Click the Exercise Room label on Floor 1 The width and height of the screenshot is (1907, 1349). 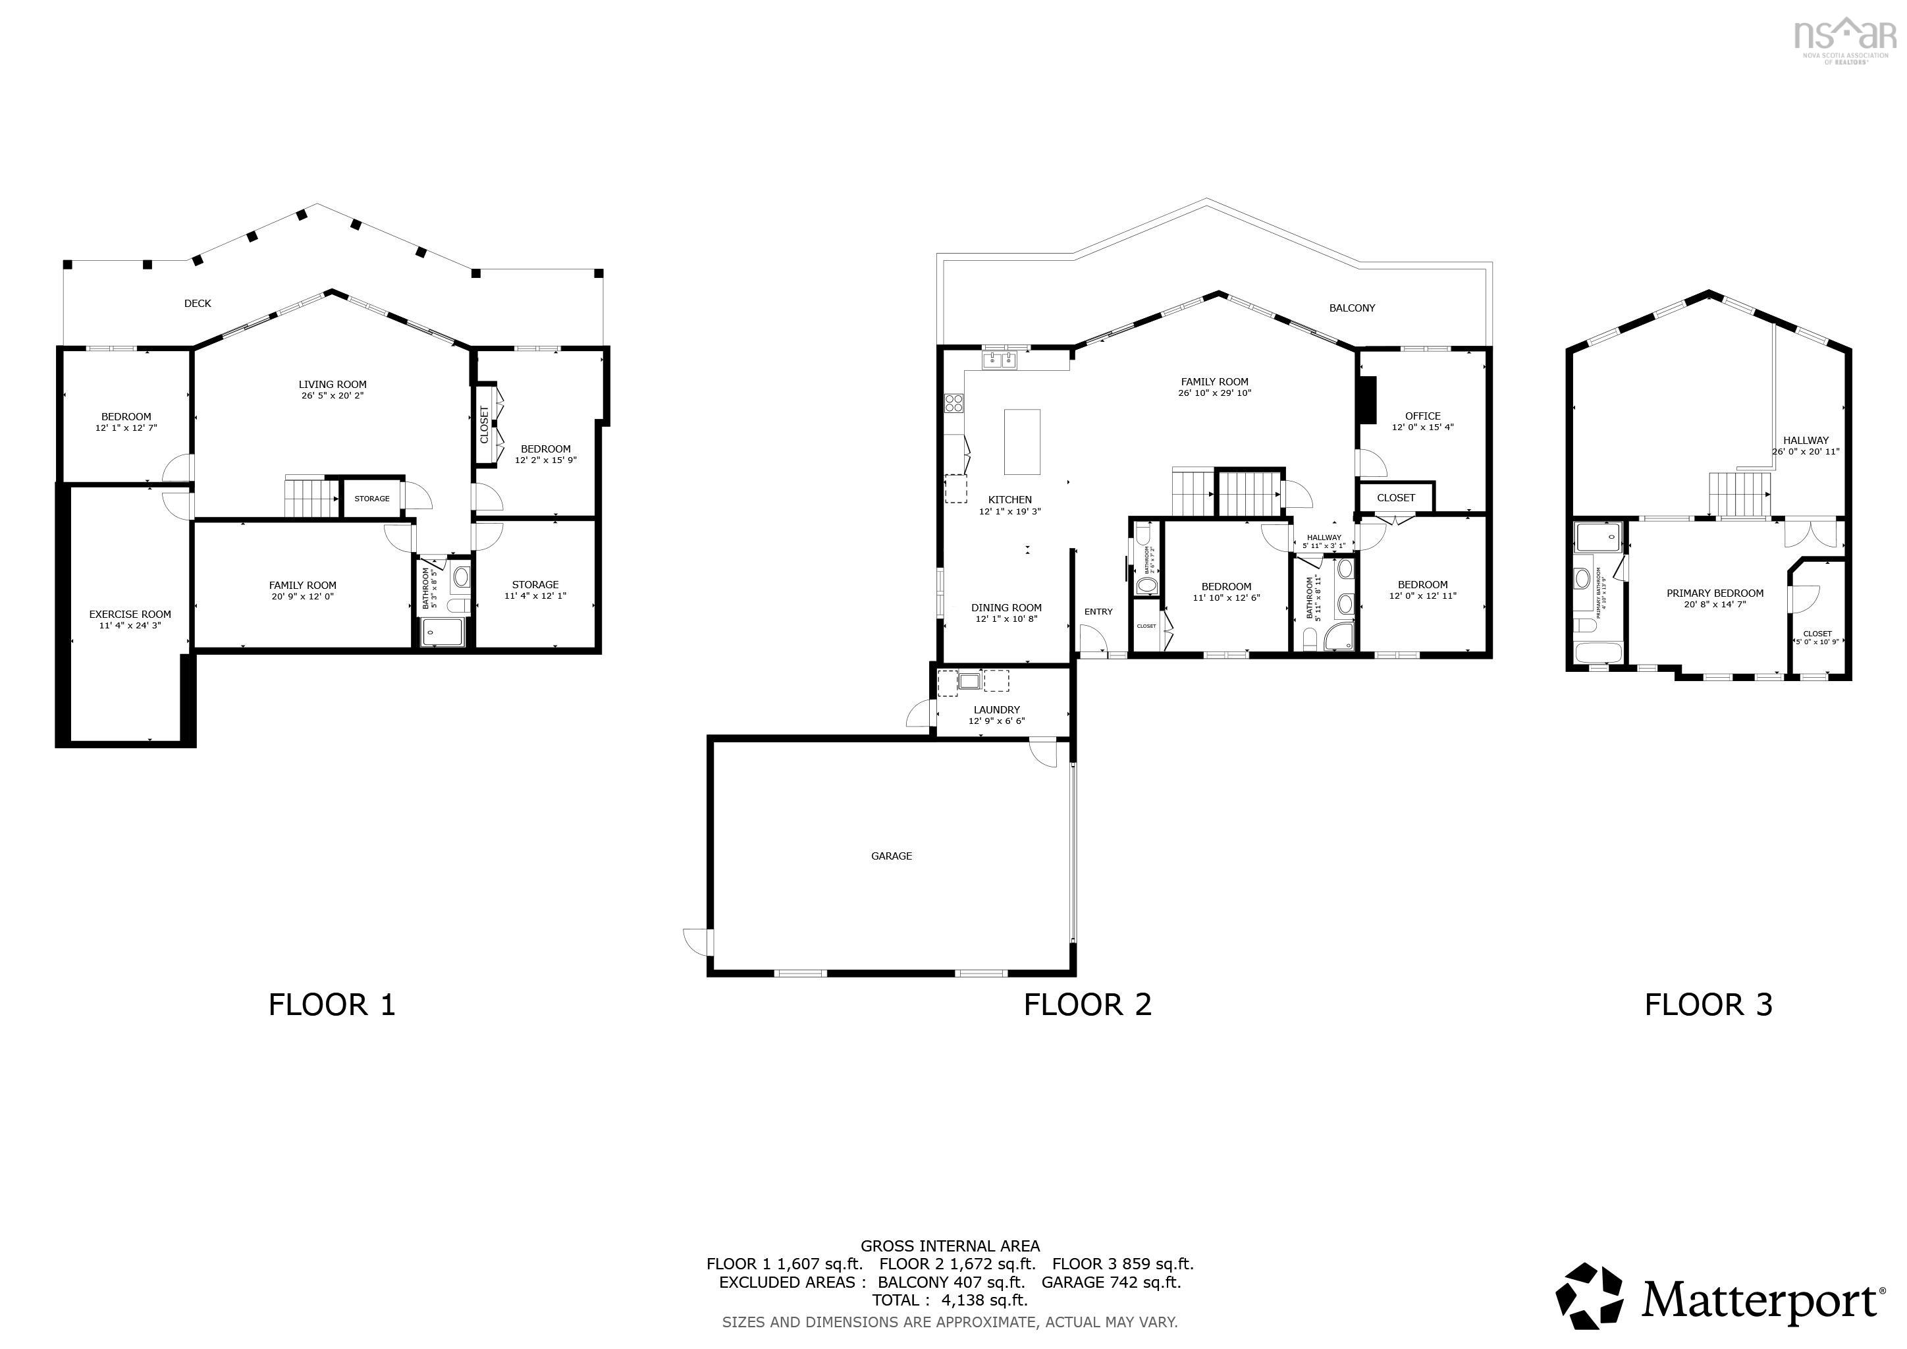[130, 615]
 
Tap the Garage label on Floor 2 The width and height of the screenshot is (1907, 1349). [891, 856]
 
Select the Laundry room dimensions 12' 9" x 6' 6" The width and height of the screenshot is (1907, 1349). [997, 721]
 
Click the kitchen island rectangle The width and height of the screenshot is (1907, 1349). [1021, 441]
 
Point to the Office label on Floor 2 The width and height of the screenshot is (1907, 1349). [1423, 416]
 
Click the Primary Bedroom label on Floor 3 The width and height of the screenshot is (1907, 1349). [1715, 593]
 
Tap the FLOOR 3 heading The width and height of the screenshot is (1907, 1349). [1709, 1005]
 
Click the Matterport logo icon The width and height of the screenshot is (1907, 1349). [1589, 1298]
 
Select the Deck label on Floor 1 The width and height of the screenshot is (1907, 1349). [198, 303]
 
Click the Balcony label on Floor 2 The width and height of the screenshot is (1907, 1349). [1352, 308]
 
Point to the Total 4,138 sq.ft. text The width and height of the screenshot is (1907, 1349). [950, 1300]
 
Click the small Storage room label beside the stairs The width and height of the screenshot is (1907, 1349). [372, 499]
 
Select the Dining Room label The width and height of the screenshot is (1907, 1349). [1007, 607]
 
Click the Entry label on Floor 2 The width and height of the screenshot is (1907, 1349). [1098, 611]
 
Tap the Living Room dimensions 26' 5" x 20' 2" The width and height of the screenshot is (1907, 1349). [333, 397]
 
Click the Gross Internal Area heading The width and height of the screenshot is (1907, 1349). [950, 1246]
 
